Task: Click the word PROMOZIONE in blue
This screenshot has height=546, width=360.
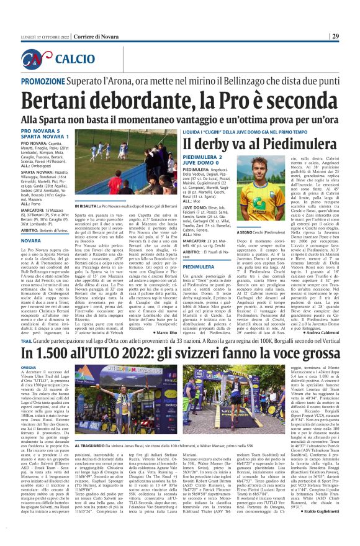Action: [x=47, y=81]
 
